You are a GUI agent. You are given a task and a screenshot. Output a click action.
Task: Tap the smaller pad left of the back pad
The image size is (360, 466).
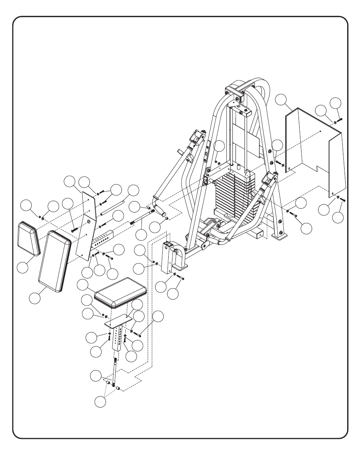coord(29,238)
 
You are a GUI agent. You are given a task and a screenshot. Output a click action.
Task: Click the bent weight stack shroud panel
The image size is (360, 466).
coord(315,147)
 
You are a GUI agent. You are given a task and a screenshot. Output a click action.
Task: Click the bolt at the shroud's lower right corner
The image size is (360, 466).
coord(343,200)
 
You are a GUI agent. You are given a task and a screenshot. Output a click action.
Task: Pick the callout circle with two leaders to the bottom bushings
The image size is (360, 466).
coord(100,402)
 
